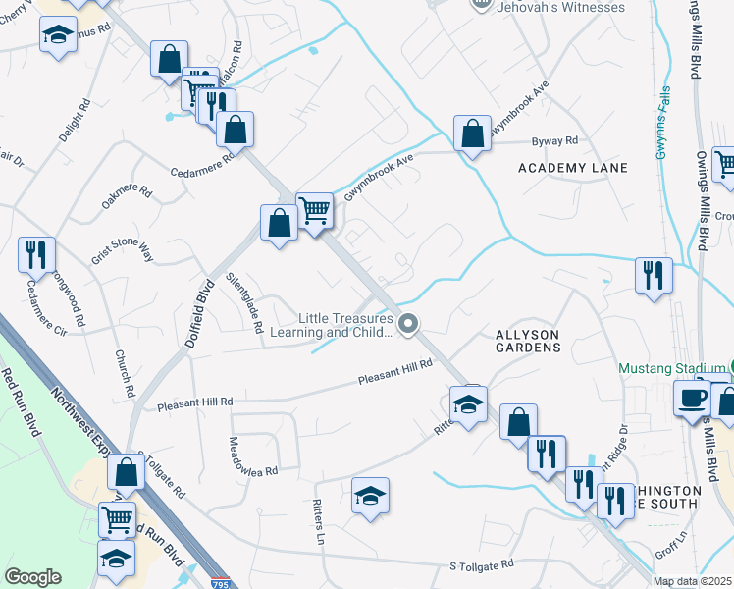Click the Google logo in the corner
click(x=33, y=577)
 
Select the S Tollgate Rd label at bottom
click(x=482, y=565)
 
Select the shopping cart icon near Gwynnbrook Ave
click(x=314, y=209)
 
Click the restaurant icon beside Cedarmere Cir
click(x=36, y=254)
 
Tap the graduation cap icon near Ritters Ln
click(x=370, y=496)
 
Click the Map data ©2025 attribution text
click(x=692, y=582)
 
